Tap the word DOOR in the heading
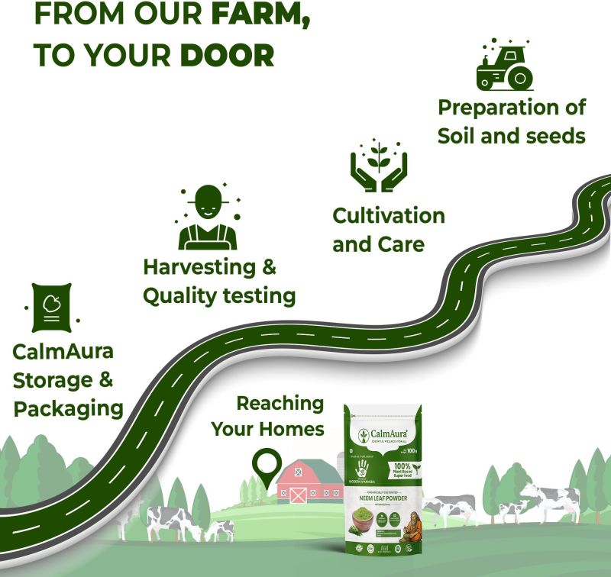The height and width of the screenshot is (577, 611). [227, 55]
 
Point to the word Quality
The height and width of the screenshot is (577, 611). [179, 295]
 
